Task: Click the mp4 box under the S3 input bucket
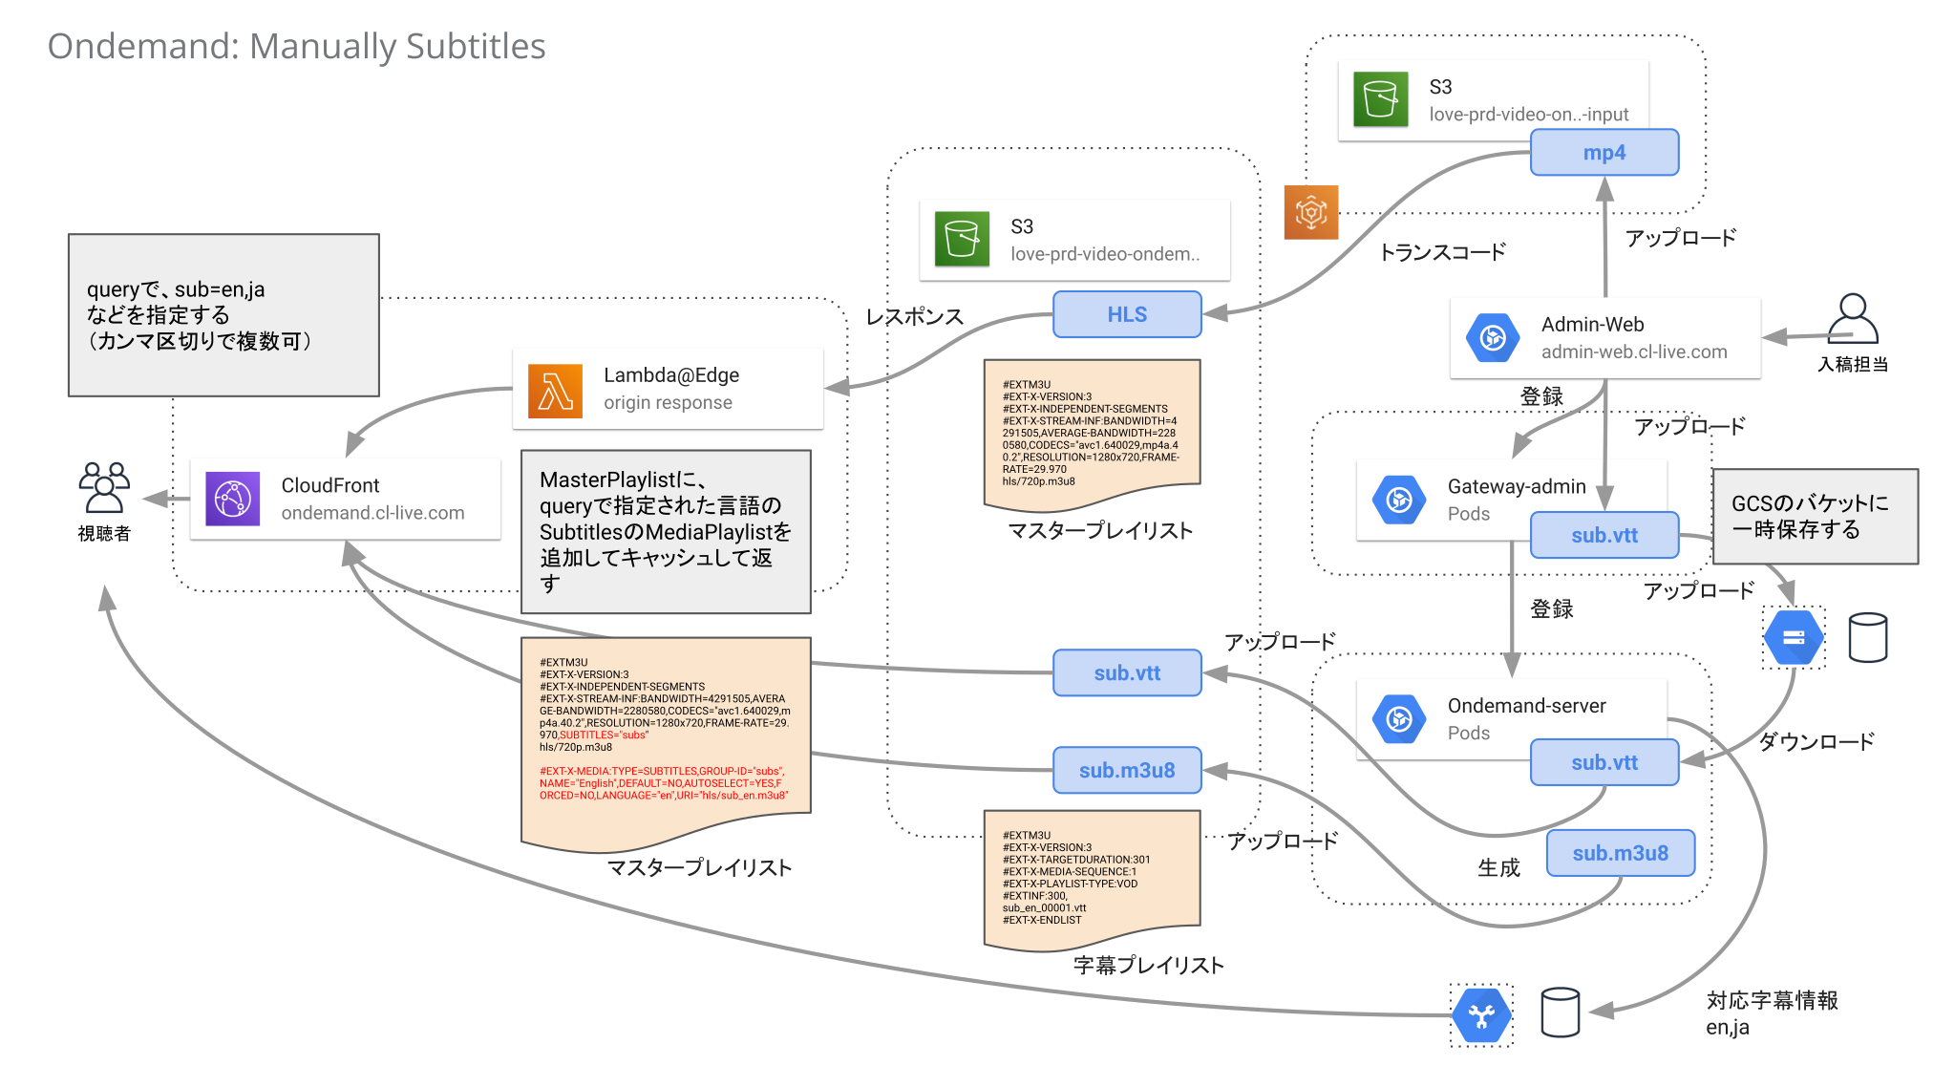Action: tap(1604, 153)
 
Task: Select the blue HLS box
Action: tap(1127, 314)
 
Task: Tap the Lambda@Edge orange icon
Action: tap(555, 391)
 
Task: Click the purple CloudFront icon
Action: tap(233, 499)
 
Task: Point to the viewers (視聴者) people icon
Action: tap(104, 488)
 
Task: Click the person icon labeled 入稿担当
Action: tap(1852, 319)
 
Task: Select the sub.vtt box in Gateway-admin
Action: tap(1604, 535)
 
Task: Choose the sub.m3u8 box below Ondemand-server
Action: tap(1620, 853)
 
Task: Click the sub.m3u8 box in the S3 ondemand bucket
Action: tap(1127, 770)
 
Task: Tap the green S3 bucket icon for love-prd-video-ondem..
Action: tap(962, 239)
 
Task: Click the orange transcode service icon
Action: tap(1310, 212)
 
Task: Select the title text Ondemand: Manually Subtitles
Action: tap(296, 46)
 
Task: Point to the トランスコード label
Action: tap(1442, 252)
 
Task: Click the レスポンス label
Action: tap(914, 317)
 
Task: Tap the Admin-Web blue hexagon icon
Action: tap(1493, 337)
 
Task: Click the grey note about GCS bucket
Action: tap(1815, 516)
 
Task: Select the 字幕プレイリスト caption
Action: tap(1148, 965)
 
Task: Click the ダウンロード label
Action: tap(1816, 741)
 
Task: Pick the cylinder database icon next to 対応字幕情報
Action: tap(1560, 1012)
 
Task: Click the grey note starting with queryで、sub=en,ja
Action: tap(223, 315)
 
